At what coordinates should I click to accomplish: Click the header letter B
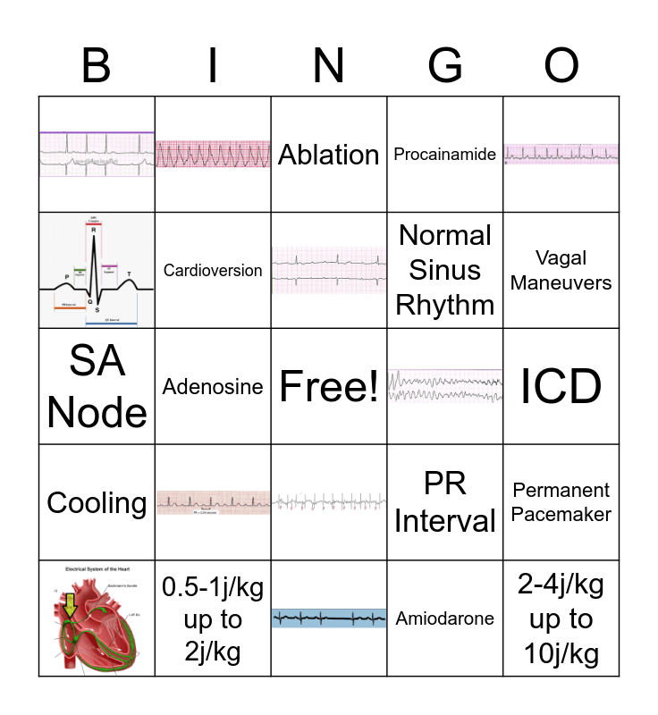tap(97, 65)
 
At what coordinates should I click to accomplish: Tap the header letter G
tap(445, 65)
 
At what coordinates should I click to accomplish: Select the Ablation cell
tap(329, 155)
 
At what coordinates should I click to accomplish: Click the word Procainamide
tap(445, 155)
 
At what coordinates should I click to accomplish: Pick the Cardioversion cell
tap(213, 270)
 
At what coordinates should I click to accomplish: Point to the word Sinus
tap(445, 270)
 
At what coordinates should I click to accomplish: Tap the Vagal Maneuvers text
tap(561, 270)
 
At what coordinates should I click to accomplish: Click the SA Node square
tap(97, 386)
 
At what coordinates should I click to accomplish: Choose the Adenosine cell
tap(213, 386)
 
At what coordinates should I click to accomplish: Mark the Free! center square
tap(329, 386)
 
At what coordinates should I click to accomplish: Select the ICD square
tap(561, 386)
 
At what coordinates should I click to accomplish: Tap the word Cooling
tap(97, 502)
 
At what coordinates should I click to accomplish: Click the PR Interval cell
tap(445, 502)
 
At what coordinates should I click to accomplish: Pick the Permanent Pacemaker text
tap(561, 502)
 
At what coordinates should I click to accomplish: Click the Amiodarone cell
tap(445, 618)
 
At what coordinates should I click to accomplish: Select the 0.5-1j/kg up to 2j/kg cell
tap(213, 618)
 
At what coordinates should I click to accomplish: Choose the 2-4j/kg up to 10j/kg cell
tap(561, 618)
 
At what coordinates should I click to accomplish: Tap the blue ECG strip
tap(329, 618)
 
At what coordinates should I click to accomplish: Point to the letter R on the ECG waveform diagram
tap(93, 231)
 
